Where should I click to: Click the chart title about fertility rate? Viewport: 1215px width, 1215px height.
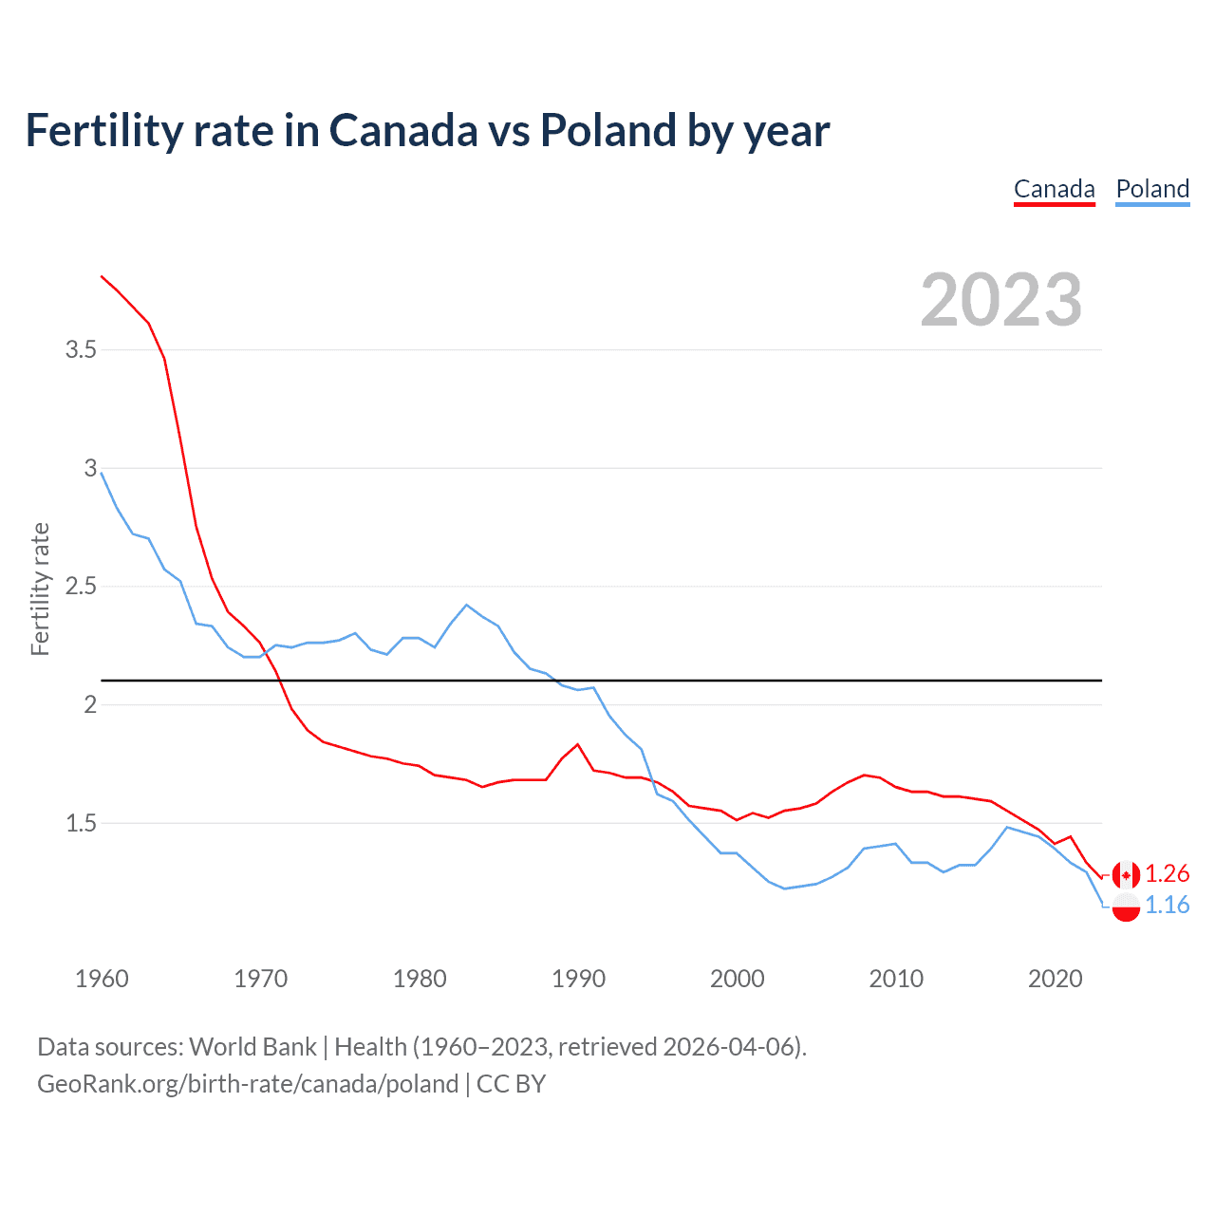(427, 131)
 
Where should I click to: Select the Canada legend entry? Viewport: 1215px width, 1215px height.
(1054, 189)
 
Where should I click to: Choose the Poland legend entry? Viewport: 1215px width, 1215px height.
(1152, 189)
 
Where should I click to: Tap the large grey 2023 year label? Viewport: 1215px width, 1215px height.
(1001, 300)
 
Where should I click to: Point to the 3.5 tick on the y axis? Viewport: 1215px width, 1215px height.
(81, 349)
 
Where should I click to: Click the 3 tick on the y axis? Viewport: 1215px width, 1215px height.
(91, 468)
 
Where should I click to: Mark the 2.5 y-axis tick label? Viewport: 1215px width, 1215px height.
(81, 586)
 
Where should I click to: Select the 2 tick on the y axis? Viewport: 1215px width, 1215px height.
(91, 704)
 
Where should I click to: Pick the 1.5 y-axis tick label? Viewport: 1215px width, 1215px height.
(81, 823)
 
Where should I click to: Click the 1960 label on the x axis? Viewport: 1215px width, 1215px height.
(102, 979)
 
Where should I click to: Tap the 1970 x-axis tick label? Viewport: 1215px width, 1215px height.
(260, 979)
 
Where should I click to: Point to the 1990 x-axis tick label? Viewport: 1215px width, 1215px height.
(578, 979)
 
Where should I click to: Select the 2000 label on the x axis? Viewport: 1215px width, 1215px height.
(737, 979)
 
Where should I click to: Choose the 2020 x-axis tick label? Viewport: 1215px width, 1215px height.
(1055, 979)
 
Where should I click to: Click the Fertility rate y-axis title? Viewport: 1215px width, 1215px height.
(40, 589)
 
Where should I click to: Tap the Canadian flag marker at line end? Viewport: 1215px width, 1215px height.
(1126, 874)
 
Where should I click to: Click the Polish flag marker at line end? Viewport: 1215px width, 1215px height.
(1126, 907)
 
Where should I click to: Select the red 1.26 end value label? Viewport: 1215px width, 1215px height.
(1167, 874)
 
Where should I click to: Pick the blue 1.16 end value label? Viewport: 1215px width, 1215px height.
(1167, 906)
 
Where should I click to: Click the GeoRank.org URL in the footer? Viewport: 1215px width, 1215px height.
(248, 1084)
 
